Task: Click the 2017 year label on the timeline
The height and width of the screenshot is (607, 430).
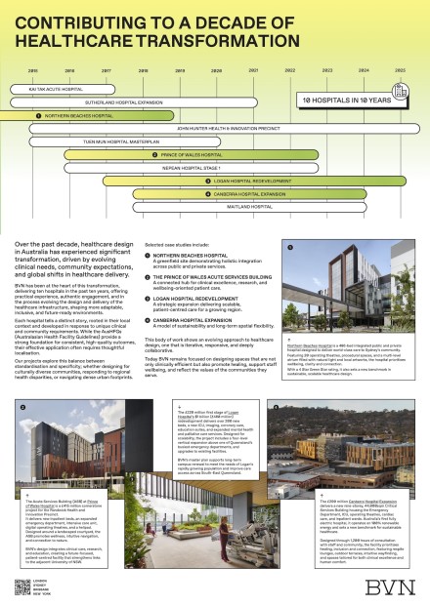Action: tap(106, 71)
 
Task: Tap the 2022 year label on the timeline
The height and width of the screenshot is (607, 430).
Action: tap(290, 71)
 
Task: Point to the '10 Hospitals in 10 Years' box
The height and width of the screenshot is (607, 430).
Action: tap(345, 101)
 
